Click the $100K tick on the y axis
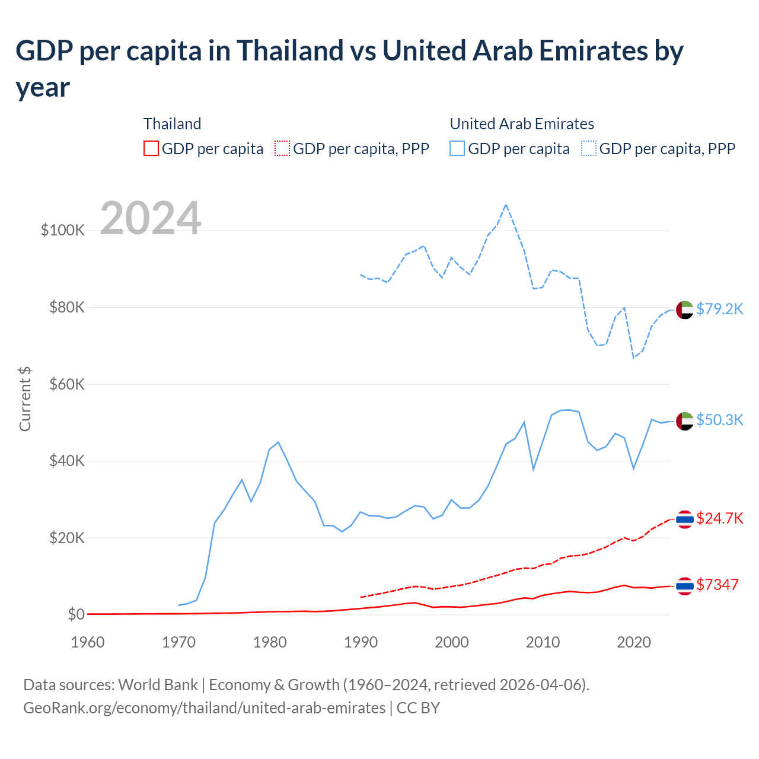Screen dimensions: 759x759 pos(63,230)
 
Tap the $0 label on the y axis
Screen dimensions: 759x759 pos(76,614)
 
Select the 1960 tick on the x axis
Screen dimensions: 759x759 pos(88,642)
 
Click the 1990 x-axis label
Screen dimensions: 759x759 pos(361,642)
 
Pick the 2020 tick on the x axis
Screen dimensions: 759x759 pos(634,642)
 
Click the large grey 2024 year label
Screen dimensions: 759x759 pos(151,218)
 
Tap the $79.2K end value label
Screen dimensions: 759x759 pos(719,309)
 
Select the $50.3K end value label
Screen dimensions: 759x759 pos(719,420)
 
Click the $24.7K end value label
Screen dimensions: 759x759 pos(719,519)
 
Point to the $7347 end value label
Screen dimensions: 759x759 pos(717,585)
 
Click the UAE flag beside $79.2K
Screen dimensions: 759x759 pos(685,310)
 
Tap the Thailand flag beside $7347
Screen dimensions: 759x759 pos(685,586)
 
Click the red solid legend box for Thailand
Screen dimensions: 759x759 pos(151,148)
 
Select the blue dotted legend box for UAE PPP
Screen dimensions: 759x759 pos(589,148)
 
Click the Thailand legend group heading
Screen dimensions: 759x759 pos(172,124)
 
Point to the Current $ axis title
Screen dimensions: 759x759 pos(25,398)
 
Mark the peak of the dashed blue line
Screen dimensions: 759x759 pos(506,205)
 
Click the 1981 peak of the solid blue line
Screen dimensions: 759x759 pos(278,442)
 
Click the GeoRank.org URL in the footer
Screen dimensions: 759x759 pos(204,708)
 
